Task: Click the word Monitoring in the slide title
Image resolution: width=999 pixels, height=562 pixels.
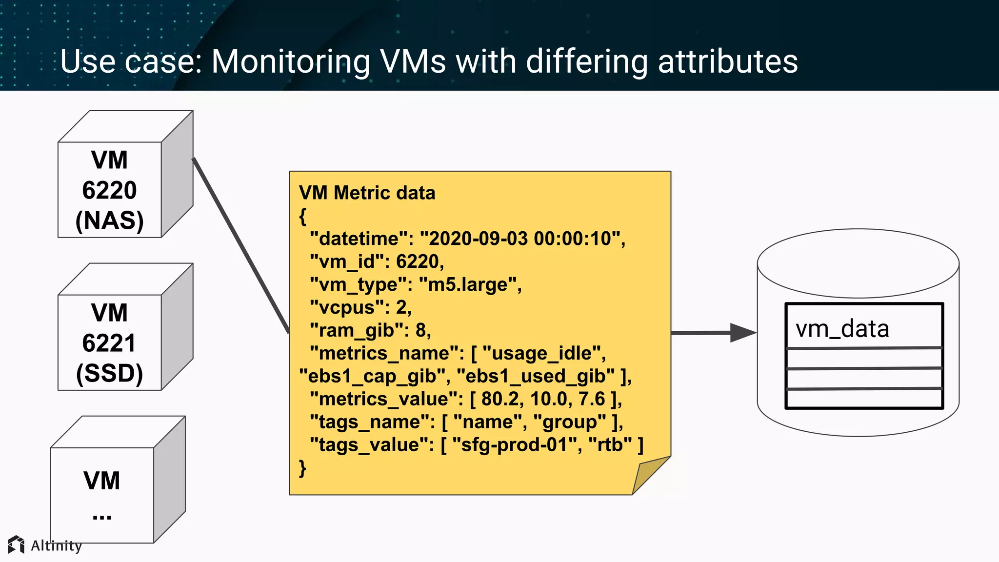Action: click(290, 61)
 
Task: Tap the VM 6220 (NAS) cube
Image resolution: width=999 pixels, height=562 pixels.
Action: click(110, 190)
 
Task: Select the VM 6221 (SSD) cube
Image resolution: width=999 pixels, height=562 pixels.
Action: click(110, 342)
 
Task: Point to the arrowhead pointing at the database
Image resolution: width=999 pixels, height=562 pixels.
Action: click(742, 333)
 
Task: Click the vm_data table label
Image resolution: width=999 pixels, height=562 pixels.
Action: click(842, 328)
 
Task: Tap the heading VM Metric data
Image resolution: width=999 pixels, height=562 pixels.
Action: click(367, 193)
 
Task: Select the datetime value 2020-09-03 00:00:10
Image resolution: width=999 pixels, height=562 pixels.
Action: click(520, 239)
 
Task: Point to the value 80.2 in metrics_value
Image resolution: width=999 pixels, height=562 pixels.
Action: click(499, 399)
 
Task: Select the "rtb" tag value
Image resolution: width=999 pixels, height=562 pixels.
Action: click(610, 445)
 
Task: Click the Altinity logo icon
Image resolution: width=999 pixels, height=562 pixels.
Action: click(16, 544)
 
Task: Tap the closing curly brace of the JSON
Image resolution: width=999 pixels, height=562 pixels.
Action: click(302, 468)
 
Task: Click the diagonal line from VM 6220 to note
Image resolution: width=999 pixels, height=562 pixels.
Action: click(240, 245)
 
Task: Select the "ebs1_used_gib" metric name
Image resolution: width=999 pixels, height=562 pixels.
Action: click(536, 376)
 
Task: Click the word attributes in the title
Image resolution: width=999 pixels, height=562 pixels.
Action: click(728, 61)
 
